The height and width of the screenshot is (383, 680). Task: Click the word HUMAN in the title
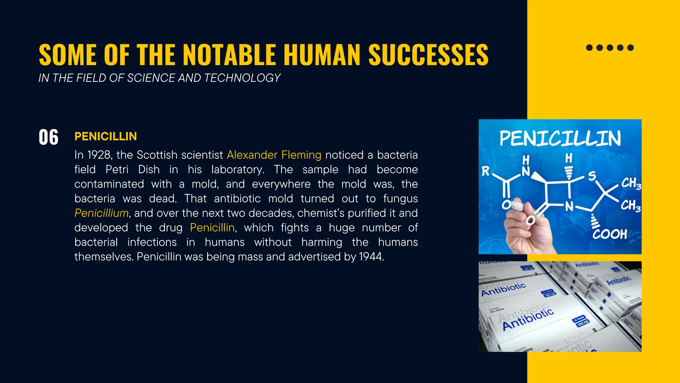322,55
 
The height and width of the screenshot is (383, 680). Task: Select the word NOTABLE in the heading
229,55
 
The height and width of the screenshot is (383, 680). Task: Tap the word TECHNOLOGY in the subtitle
242,78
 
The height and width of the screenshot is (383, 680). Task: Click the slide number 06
48,137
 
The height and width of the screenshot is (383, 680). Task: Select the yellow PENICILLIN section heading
106,136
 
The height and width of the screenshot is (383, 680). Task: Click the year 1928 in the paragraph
99,155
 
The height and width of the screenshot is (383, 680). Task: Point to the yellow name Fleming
301,155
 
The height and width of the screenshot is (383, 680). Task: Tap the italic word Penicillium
102,213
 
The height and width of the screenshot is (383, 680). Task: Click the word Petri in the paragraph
117,170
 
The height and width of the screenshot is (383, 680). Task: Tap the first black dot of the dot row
589,48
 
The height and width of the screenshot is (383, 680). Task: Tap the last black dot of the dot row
631,48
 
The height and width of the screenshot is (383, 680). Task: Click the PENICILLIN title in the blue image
560,138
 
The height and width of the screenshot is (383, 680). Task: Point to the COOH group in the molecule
610,234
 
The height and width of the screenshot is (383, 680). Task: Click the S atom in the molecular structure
592,176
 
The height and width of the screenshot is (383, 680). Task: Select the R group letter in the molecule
485,171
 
